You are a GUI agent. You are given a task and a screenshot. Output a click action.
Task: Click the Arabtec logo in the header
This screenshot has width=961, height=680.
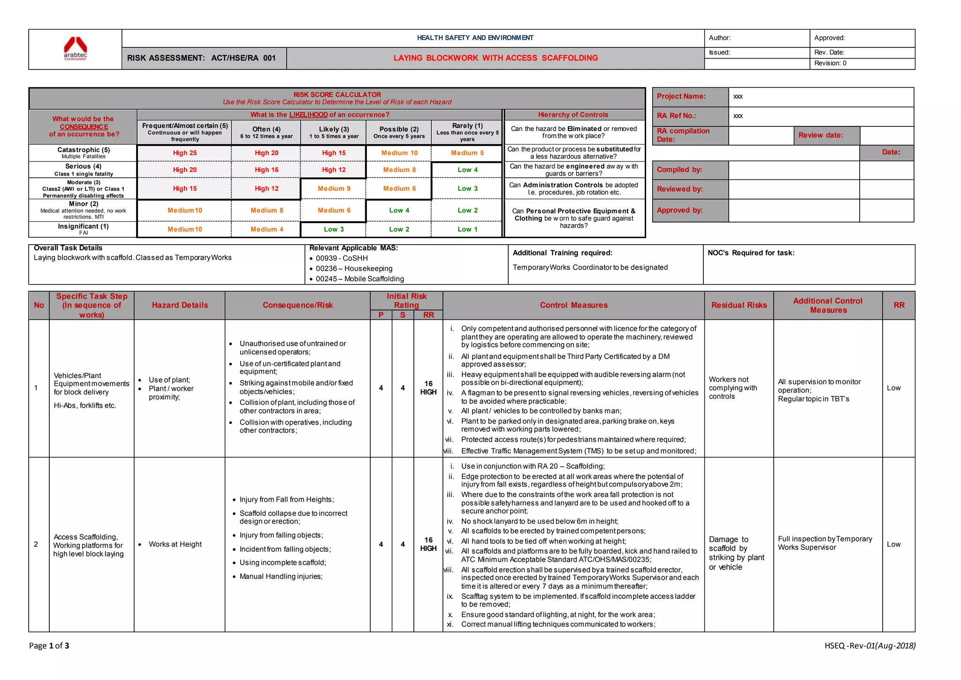coord(75,49)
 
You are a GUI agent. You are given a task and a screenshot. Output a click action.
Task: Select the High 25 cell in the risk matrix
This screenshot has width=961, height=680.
coord(184,153)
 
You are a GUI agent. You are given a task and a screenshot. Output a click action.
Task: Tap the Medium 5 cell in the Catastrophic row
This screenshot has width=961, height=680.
coord(467,153)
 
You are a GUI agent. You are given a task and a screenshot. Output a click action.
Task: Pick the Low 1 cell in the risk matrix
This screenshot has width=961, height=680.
coord(467,230)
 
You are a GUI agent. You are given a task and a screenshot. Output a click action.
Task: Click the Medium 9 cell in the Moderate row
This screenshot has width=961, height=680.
coord(334,189)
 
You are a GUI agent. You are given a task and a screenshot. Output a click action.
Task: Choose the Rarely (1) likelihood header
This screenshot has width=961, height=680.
coord(467,132)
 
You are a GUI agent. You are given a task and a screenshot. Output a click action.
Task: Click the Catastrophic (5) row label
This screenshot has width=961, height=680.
coord(84,153)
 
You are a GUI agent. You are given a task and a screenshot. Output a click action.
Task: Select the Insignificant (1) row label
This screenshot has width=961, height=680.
coord(84,229)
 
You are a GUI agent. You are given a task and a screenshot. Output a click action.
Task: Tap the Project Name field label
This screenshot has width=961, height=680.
coord(681,96)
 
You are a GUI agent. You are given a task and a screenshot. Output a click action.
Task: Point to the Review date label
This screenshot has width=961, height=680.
coord(820,135)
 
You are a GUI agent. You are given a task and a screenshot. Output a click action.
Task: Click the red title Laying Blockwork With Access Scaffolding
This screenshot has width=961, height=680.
coord(496,58)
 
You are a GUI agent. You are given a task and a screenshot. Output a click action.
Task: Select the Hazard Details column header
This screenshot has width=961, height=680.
coord(180,305)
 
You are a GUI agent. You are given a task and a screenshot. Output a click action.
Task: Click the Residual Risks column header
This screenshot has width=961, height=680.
coord(739,305)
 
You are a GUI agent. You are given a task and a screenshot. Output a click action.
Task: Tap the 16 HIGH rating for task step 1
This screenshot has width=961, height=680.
coord(428,388)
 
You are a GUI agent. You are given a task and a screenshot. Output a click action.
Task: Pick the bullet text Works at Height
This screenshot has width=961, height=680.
coord(175,544)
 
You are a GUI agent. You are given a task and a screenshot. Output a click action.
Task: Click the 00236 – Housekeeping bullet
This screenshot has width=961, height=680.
coord(354,269)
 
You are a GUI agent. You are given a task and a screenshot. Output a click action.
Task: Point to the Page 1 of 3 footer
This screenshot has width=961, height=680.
coord(49,646)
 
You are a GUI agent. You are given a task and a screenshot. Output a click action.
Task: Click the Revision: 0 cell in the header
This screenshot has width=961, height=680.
coord(830,63)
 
